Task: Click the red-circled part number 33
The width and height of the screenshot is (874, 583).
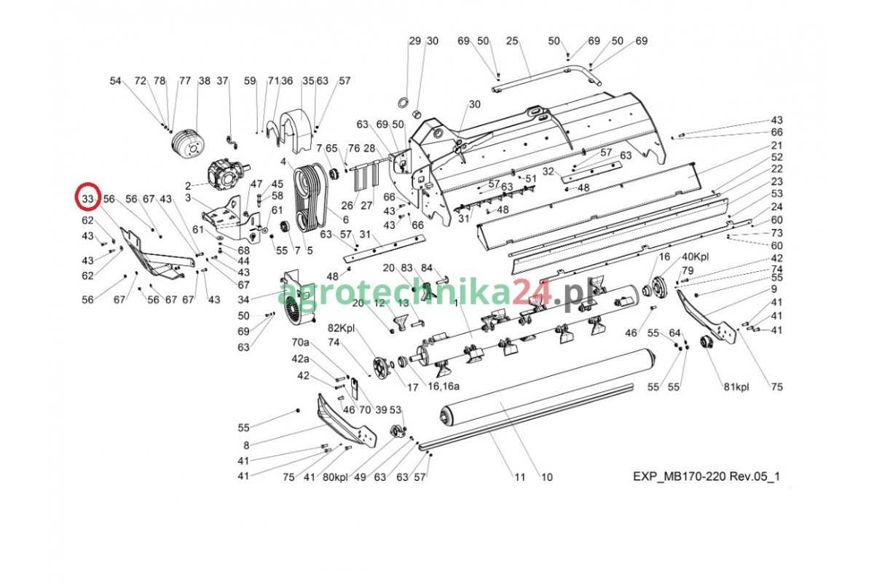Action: pos(88,198)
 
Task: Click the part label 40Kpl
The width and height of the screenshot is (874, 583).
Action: pos(696,257)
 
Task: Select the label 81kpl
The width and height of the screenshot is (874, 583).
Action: pos(736,387)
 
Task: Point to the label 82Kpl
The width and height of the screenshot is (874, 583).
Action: pos(341,328)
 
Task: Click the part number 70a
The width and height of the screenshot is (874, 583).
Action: pos(301,342)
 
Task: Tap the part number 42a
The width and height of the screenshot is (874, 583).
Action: pos(301,359)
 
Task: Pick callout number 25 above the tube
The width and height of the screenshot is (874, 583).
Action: pos(511,41)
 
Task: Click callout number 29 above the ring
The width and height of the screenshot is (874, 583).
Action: pos(414,41)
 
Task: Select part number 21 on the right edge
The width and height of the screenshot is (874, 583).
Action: pos(776,146)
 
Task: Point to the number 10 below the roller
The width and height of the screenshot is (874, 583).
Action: pos(546,477)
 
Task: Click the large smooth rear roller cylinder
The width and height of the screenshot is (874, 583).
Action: pos(546,391)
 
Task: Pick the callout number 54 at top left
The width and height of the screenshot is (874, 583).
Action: pos(116,81)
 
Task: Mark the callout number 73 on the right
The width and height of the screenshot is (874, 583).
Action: pos(776,233)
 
